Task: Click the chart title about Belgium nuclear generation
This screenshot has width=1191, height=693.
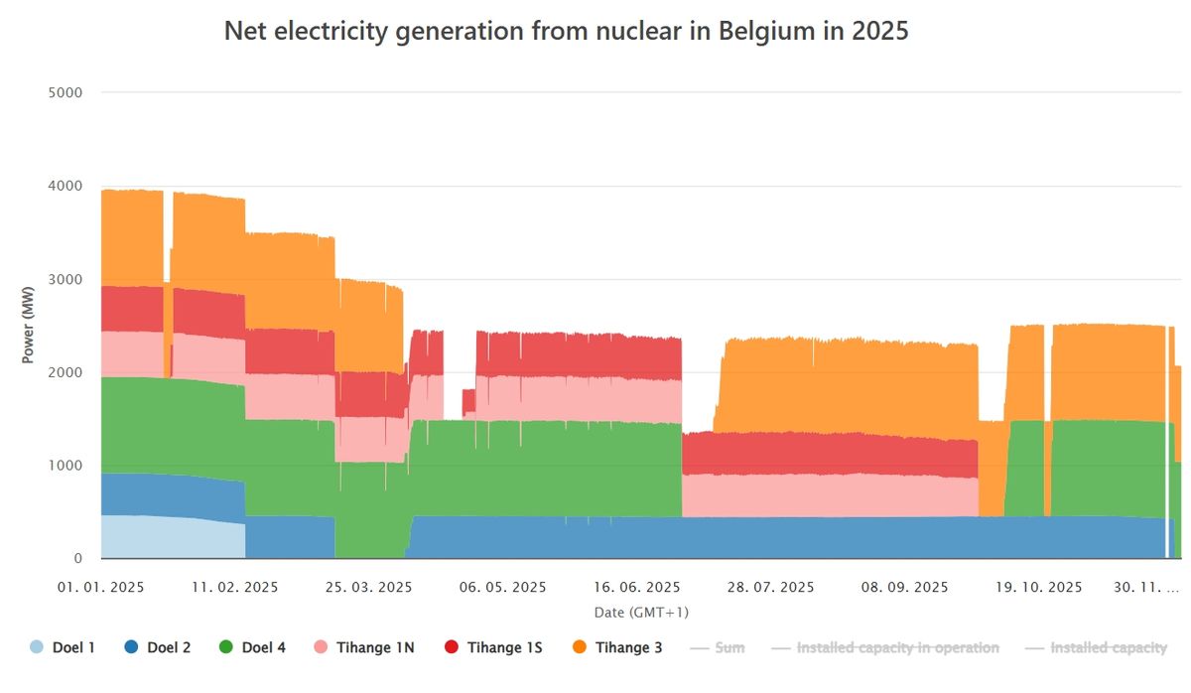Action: (566, 32)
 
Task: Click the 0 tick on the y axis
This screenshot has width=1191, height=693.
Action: (77, 558)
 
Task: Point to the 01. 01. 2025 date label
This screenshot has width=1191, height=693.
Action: (101, 587)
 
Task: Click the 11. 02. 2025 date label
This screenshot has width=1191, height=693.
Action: (235, 587)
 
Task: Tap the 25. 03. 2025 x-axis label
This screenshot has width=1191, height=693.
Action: (369, 587)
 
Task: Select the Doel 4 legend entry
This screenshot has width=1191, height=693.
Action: (255, 648)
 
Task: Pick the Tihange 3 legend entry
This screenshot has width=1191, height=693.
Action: (619, 648)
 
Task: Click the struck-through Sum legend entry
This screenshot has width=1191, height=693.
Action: (717, 648)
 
